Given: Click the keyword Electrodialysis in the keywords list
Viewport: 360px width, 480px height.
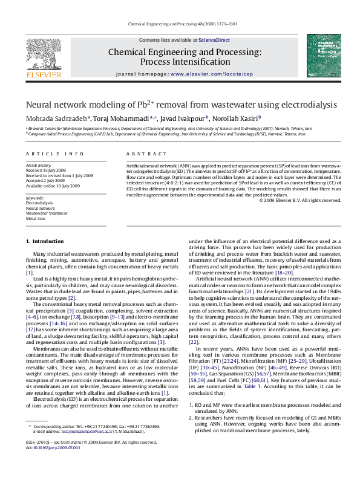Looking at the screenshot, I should [39, 204].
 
